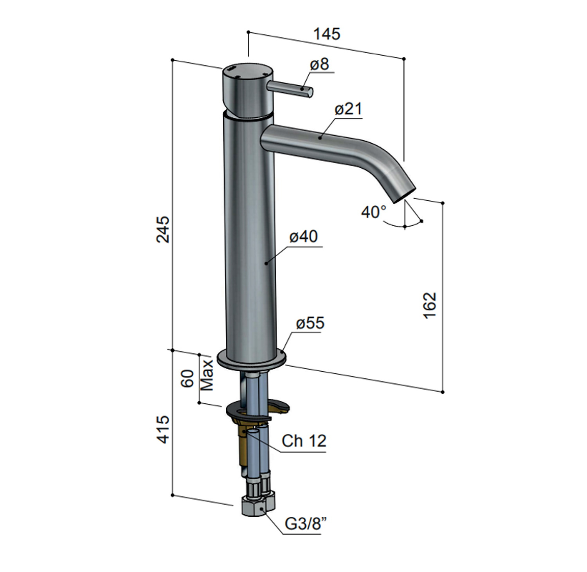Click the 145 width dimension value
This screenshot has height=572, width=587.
(327, 34)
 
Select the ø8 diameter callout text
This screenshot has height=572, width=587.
(320, 64)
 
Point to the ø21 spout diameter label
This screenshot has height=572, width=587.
(348, 109)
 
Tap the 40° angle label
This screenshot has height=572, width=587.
(373, 212)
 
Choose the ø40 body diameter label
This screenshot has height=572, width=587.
(304, 236)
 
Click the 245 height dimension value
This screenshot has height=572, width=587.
(163, 229)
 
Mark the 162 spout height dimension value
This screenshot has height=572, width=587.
(429, 305)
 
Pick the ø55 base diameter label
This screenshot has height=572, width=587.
(310, 323)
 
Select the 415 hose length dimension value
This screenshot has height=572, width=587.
(163, 429)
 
